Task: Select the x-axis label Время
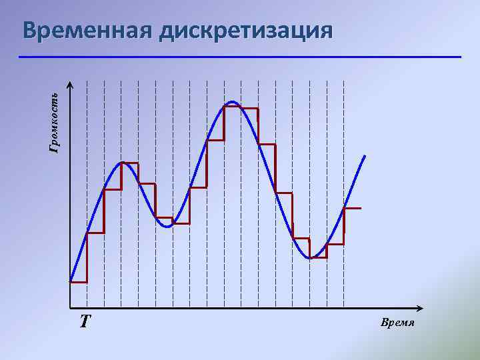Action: click(x=398, y=323)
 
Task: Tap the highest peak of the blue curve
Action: click(x=232, y=102)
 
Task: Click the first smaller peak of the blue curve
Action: click(x=122, y=163)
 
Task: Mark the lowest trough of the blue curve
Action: click(x=310, y=258)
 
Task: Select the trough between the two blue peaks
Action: click(x=167, y=227)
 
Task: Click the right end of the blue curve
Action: click(x=365, y=156)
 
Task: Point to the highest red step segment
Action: click(x=241, y=108)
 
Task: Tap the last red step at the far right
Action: click(x=352, y=209)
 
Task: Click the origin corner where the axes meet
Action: click(x=70, y=309)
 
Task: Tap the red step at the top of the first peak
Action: click(x=130, y=163)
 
